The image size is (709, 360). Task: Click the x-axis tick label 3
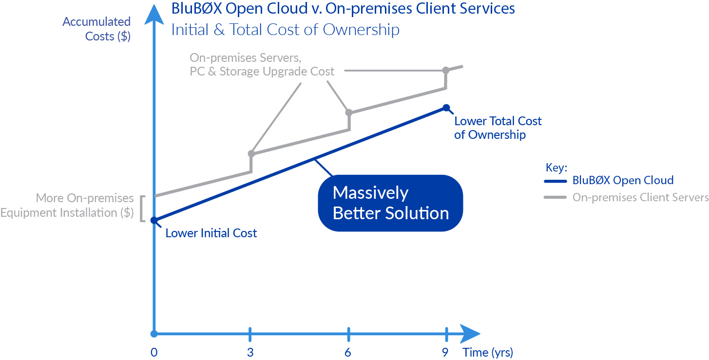tap(250, 352)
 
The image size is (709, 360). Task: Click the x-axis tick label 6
tap(347, 352)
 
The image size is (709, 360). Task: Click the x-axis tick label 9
tap(445, 352)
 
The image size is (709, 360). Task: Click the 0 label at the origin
tap(153, 352)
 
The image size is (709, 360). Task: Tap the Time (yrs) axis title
tap(488, 352)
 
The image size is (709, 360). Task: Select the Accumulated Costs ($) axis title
tap(96, 29)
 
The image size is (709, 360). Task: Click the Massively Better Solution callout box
tap(390, 203)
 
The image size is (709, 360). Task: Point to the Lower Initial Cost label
tap(211, 233)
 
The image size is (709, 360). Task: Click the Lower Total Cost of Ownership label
tap(498, 128)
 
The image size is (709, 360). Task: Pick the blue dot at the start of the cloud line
tap(154, 220)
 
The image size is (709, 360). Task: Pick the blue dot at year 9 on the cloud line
tap(446, 108)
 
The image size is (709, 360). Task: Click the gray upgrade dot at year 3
tap(251, 154)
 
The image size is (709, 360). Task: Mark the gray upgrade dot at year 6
tap(349, 113)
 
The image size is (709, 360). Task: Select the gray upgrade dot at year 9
tap(446, 71)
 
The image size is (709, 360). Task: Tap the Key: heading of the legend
tap(556, 168)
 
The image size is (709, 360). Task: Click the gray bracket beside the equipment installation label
tap(142, 208)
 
